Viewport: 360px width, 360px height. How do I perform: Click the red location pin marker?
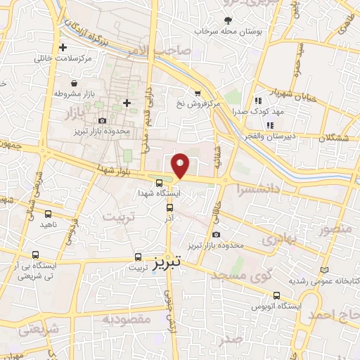(x=181, y=165)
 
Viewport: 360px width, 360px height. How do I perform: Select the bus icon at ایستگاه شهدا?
(x=159, y=183)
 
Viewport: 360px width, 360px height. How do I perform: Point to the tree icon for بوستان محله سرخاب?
(x=227, y=20)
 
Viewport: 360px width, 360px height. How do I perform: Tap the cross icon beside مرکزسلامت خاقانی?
(x=64, y=48)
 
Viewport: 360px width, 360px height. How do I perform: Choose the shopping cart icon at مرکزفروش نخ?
(x=198, y=93)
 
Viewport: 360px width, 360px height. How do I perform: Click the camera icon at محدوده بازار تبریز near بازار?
(x=103, y=121)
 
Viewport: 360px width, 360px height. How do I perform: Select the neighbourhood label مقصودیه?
(x=127, y=320)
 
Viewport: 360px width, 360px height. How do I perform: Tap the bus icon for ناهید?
(x=48, y=214)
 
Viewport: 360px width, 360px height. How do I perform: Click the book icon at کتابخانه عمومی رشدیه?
(x=324, y=270)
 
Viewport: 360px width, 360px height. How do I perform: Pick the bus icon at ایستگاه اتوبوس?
(x=276, y=296)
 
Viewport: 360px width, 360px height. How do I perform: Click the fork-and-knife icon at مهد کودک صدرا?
(x=257, y=101)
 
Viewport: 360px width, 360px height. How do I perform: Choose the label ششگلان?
(x=332, y=138)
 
